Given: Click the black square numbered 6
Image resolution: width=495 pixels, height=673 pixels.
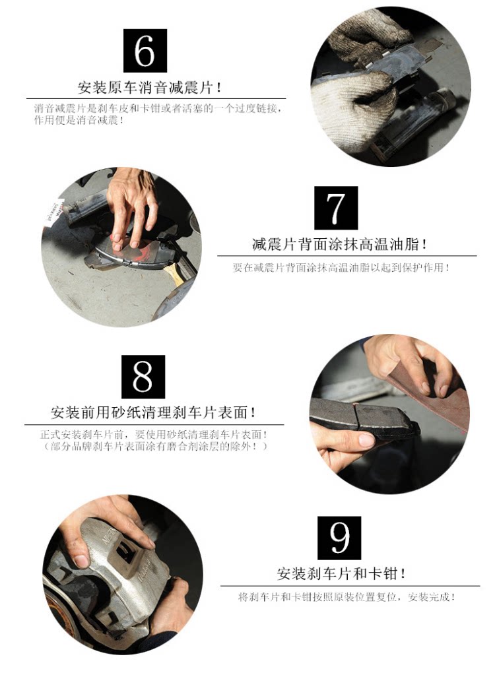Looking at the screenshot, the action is click(145, 51).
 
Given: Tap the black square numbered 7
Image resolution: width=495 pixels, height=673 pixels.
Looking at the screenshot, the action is click(336, 208).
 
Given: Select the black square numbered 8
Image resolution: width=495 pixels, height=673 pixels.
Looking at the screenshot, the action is click(143, 376).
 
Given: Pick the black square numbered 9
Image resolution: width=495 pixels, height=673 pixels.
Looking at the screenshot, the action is click(339, 538).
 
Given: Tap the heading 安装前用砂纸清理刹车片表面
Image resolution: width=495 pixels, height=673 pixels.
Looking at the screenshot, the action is click(153, 413).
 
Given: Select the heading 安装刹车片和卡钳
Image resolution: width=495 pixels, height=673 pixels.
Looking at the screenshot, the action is click(341, 573).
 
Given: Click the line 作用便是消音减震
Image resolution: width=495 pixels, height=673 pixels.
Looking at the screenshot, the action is click(79, 120).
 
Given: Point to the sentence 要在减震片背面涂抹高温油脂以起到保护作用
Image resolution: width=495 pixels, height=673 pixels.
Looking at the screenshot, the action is click(341, 268).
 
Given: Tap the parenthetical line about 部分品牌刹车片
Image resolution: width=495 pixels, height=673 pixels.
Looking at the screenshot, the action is click(154, 447).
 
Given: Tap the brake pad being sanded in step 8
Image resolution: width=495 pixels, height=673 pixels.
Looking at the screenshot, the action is click(363, 418).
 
